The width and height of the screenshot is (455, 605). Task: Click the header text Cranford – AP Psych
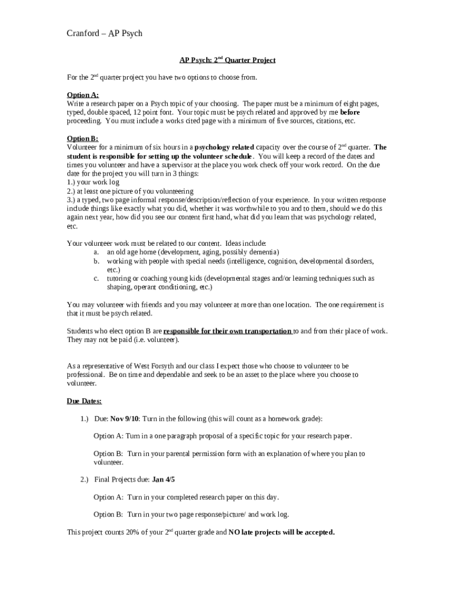[x=104, y=33]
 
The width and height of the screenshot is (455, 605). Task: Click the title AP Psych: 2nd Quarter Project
[x=227, y=60]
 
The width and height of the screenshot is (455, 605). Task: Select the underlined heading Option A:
[x=83, y=95]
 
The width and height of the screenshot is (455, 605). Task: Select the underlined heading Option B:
[x=83, y=138]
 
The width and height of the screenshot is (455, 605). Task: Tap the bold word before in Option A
[x=350, y=112]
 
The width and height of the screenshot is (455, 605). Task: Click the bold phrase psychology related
[x=225, y=147]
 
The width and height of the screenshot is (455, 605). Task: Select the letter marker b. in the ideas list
[x=96, y=261]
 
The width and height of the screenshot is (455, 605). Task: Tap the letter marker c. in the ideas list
[x=96, y=278]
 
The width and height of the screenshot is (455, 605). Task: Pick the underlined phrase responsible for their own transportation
[x=227, y=331]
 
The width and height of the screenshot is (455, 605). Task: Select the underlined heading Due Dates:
[x=84, y=401]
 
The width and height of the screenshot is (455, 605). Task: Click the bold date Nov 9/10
[x=125, y=419]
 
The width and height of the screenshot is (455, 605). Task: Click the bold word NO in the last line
[x=235, y=532]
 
